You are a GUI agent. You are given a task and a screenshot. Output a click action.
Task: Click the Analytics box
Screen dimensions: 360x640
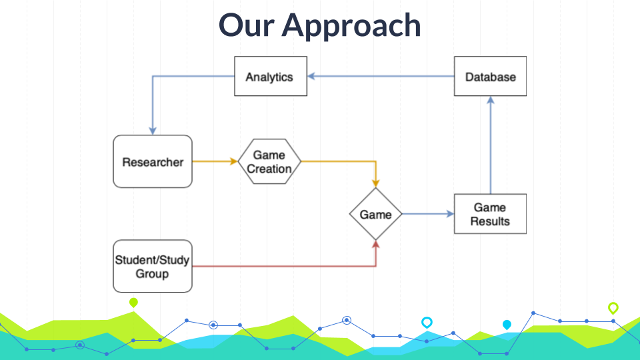click(270, 77)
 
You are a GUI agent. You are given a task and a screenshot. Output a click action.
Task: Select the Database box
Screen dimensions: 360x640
click(490, 77)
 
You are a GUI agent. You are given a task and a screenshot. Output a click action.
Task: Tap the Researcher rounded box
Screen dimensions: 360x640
click(153, 161)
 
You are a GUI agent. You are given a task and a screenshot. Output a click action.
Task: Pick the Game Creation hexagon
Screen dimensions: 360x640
click(269, 161)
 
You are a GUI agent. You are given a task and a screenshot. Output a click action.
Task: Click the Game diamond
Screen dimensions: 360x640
click(375, 214)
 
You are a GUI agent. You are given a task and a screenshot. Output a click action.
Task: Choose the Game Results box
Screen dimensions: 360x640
click(490, 214)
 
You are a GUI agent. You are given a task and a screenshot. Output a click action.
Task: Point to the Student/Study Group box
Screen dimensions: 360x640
click(153, 266)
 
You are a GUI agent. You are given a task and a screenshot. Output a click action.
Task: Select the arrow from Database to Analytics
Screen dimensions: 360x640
click(381, 77)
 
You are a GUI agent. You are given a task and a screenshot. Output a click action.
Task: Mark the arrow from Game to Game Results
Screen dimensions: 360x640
click(427, 214)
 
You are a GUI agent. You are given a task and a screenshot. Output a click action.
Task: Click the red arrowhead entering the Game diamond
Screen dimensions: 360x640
click(375, 245)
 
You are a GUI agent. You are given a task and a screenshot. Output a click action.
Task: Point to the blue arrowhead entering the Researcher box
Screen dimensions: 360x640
click(153, 130)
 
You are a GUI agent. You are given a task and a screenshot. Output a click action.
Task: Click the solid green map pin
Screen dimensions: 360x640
click(133, 303)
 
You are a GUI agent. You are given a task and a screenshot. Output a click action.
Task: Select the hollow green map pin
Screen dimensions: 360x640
click(613, 307)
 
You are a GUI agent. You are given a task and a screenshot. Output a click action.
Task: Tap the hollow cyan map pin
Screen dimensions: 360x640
click(427, 322)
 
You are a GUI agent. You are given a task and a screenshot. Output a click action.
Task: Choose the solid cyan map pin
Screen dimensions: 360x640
click(507, 325)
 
